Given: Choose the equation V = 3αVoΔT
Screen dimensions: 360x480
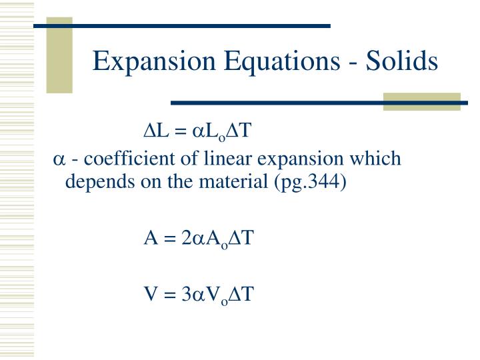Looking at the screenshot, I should tap(199, 294).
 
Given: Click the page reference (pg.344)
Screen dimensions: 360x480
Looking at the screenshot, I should tap(310, 181).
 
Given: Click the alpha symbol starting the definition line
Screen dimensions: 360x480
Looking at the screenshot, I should tap(59, 161).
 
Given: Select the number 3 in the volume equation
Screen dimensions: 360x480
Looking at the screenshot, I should tap(186, 294).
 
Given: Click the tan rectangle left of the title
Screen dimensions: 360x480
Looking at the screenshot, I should tap(59, 57).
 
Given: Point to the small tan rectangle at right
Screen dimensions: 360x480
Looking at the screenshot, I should tap(421, 101).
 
